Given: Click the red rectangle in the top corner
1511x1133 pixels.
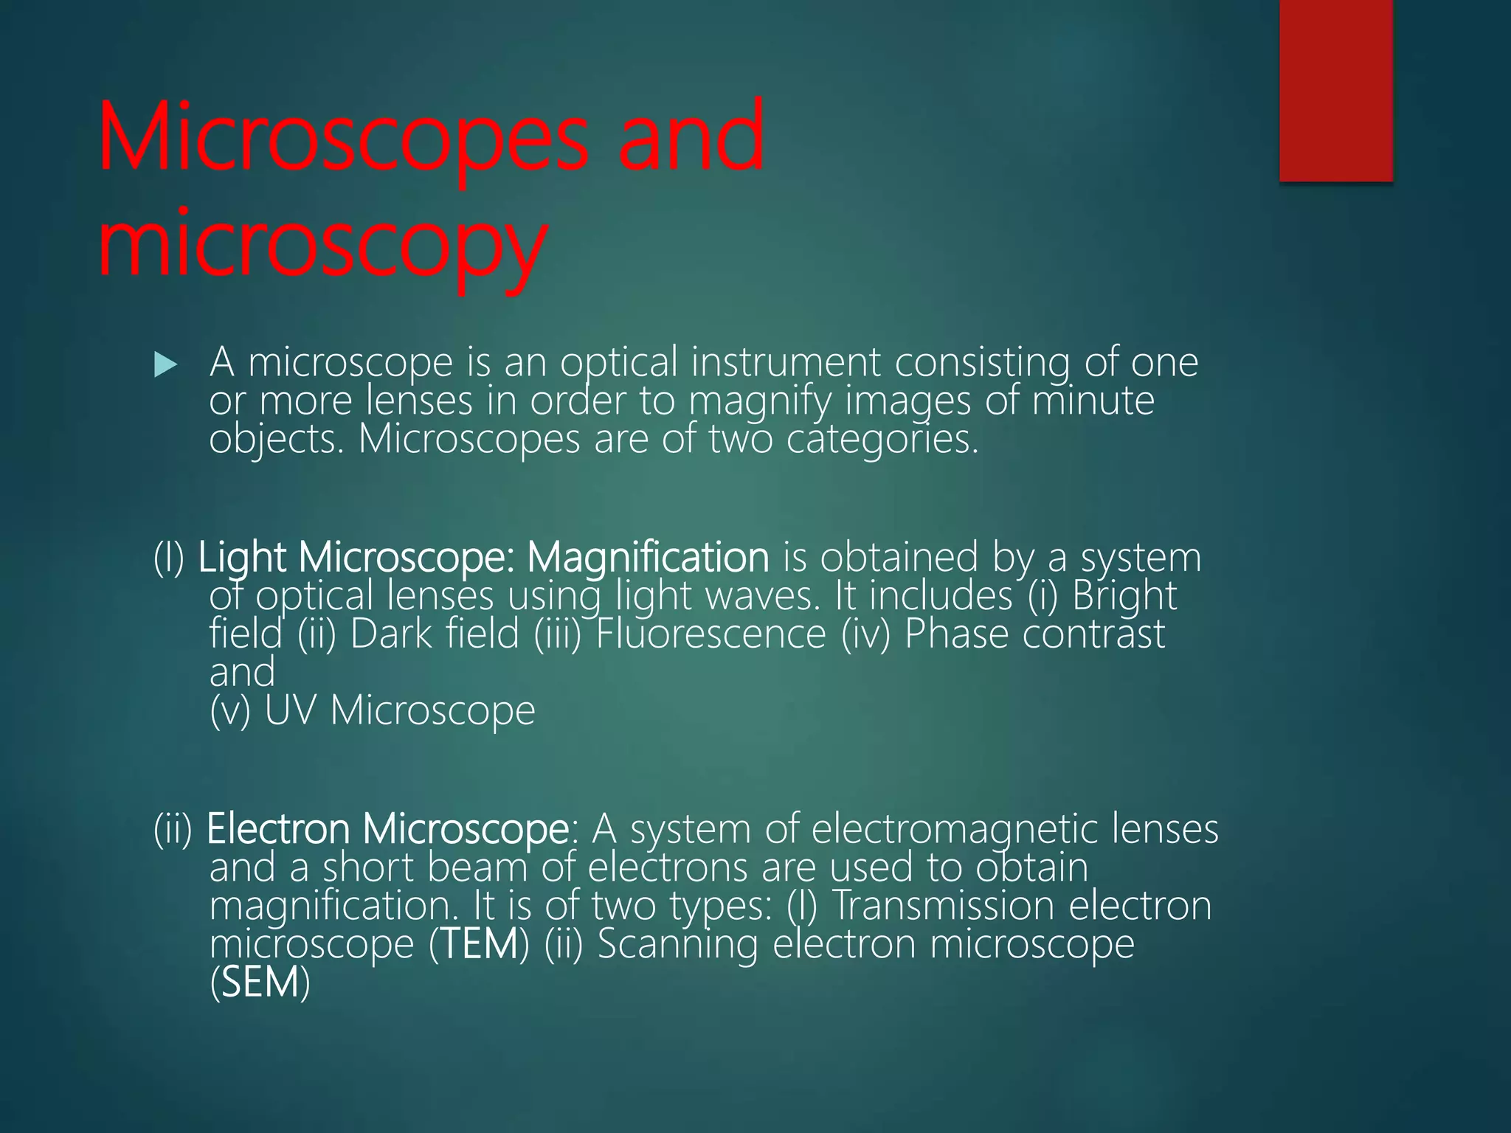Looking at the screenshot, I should (x=1335, y=90).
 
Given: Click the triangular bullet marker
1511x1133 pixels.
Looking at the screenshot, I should (x=166, y=364).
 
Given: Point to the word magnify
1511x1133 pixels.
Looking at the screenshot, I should (x=760, y=402).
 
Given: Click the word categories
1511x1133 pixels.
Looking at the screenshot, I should (x=882, y=440).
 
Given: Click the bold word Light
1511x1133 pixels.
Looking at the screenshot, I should (x=241, y=558).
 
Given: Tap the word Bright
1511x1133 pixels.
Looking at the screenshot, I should (x=1124, y=596).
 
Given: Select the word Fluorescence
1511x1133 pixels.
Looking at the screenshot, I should (x=710, y=634).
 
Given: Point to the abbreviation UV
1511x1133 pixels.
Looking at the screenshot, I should (x=290, y=710).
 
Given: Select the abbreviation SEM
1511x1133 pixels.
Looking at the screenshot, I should (x=260, y=983).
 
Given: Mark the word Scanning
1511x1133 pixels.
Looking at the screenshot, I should (x=677, y=945).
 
